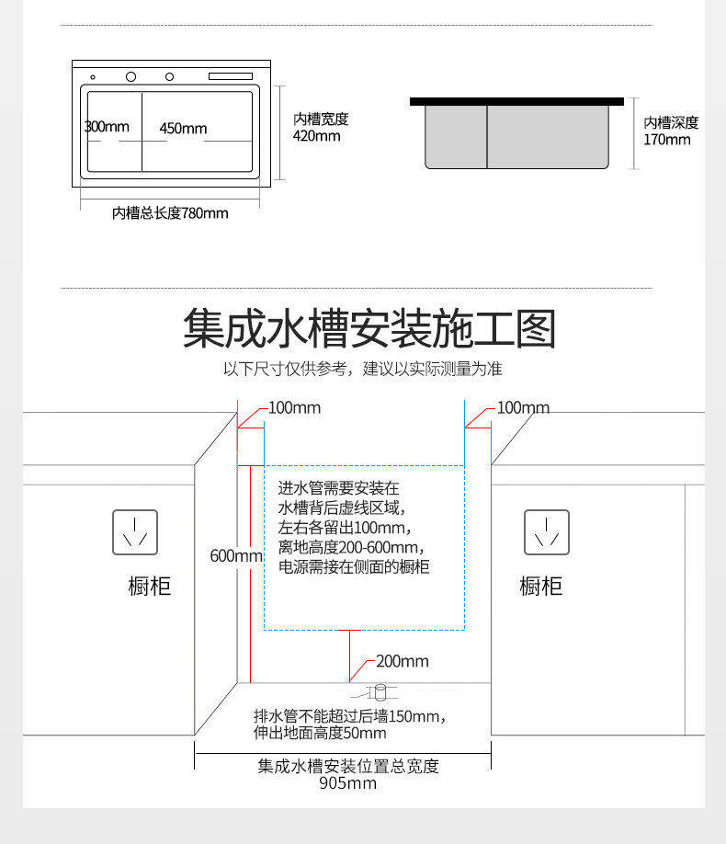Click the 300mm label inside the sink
(x=108, y=127)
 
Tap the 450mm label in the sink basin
(x=183, y=128)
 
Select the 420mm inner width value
(x=316, y=136)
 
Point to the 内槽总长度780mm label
(x=170, y=213)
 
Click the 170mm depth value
(x=666, y=140)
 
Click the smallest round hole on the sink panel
(x=93, y=76)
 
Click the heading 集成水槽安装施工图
(x=369, y=329)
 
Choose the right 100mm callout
(x=523, y=407)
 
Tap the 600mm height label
(x=236, y=555)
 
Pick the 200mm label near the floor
(x=403, y=661)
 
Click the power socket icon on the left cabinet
(x=134, y=531)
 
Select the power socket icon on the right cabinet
(x=547, y=531)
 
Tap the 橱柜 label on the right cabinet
(x=541, y=586)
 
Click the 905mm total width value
(x=347, y=783)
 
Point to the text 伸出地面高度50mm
(x=320, y=734)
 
